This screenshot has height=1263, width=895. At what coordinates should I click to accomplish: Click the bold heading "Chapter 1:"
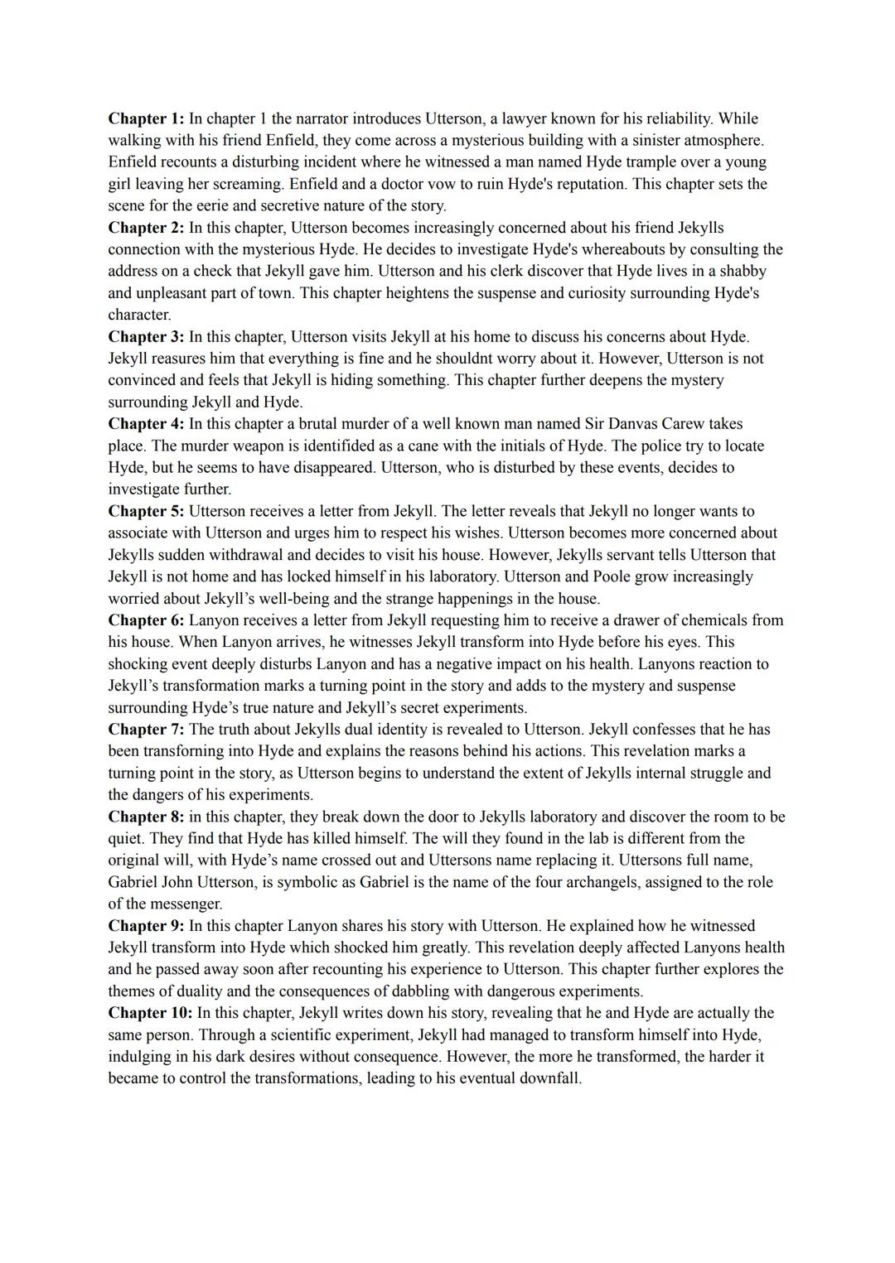click(146, 118)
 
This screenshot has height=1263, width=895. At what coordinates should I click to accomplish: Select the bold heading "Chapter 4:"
click(146, 424)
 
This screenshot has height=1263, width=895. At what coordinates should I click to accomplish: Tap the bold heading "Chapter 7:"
click(146, 730)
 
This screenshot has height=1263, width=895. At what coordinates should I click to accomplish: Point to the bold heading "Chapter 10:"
click(150, 1013)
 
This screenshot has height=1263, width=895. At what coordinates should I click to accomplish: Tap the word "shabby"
click(743, 272)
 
